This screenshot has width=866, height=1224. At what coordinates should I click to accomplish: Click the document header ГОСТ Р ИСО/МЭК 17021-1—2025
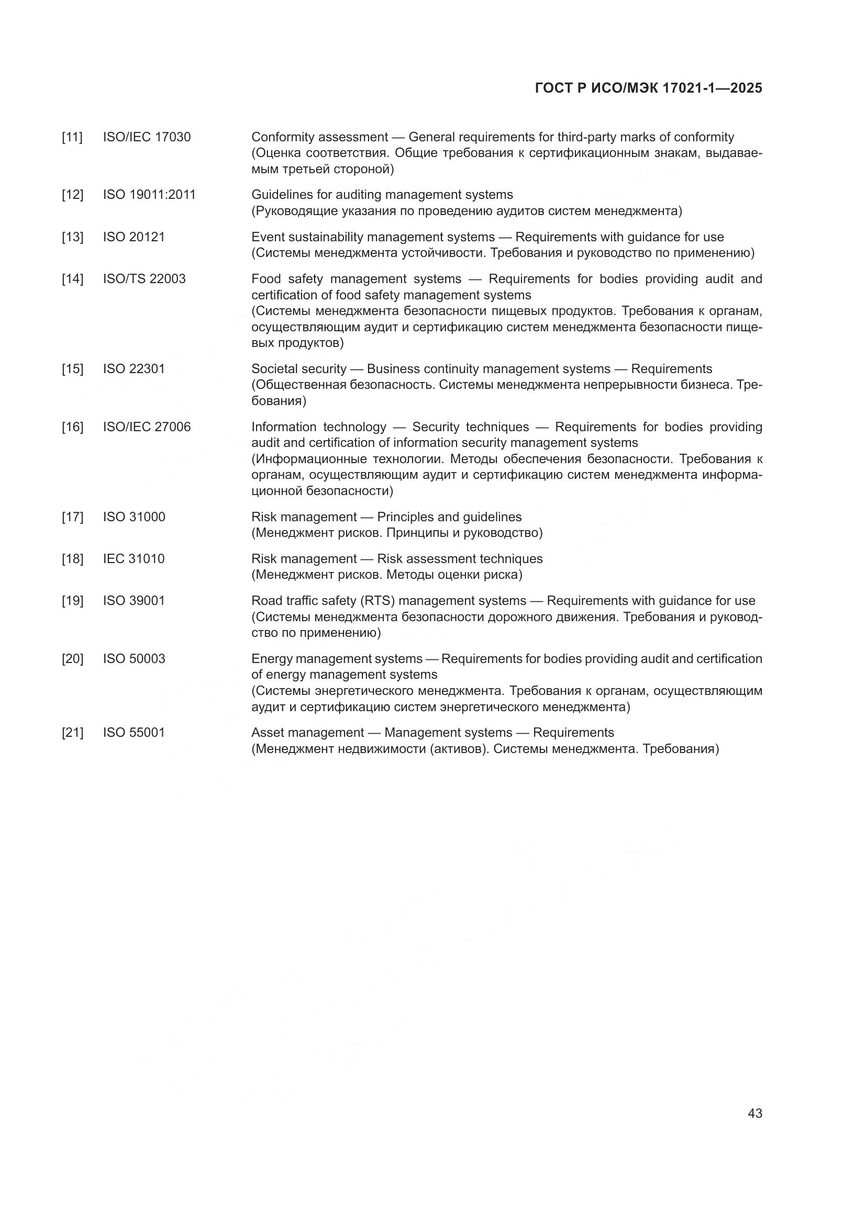tap(648, 88)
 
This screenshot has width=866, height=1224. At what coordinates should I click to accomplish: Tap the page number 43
tap(754, 1113)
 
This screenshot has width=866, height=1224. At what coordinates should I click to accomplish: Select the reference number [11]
tap(73, 137)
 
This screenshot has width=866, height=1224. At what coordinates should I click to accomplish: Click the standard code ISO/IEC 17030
tap(147, 137)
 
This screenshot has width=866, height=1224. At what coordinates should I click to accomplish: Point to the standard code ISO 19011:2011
tap(149, 195)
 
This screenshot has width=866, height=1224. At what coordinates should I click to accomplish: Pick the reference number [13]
tap(73, 237)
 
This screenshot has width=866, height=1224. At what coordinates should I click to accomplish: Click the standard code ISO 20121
tap(134, 237)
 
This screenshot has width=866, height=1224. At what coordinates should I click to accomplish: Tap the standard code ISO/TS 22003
tap(144, 279)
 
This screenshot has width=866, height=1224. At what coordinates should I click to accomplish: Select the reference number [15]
tap(73, 369)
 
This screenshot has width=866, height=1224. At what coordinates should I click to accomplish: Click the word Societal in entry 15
tap(272, 369)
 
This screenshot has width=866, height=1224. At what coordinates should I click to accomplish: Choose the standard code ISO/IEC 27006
tap(147, 427)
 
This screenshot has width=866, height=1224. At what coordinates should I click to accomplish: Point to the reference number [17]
tap(73, 517)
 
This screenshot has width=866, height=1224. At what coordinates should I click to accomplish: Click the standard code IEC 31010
tap(134, 559)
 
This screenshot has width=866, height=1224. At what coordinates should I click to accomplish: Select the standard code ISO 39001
tap(134, 601)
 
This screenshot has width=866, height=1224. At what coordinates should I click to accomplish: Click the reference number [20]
tap(73, 659)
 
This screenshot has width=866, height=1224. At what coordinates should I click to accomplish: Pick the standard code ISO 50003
tap(134, 659)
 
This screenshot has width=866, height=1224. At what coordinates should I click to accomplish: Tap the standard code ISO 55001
tap(134, 733)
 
